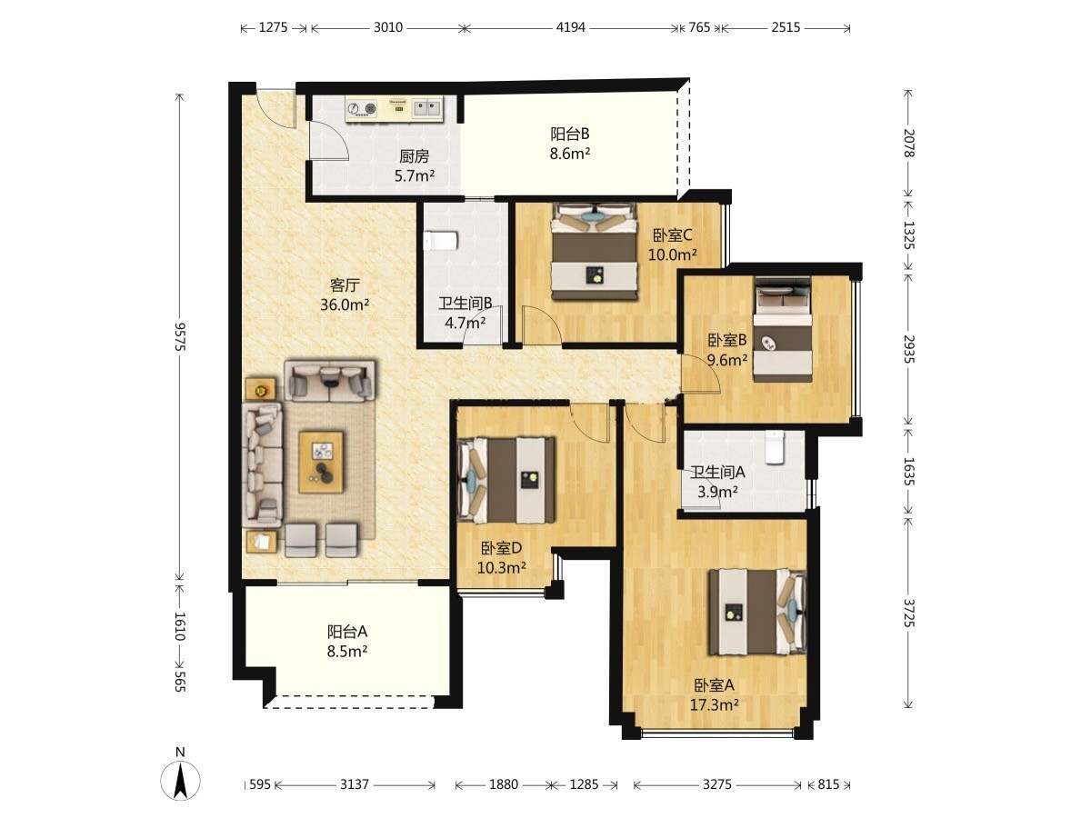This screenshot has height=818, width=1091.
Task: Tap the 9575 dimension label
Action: pyautogui.click(x=179, y=336)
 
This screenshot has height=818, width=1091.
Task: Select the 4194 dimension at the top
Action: pyautogui.click(x=570, y=27)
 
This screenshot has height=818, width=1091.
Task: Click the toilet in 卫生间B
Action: pyautogui.click(x=440, y=241)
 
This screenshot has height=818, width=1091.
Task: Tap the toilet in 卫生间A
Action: pyautogui.click(x=774, y=447)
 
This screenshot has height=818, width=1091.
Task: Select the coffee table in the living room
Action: pyautogui.click(x=321, y=462)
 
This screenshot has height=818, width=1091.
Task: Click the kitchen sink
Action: pyautogui.click(x=427, y=108)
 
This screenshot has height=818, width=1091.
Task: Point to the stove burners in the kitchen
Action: pyautogui.click(x=362, y=108)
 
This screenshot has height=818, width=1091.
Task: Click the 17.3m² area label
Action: pyautogui.click(x=714, y=704)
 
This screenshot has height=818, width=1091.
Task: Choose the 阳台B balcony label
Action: pyautogui.click(x=570, y=135)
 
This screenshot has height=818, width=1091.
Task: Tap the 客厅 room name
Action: pyautogui.click(x=345, y=285)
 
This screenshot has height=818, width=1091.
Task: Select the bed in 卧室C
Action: pyautogui.click(x=594, y=252)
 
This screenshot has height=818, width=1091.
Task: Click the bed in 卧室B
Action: pyautogui.click(x=783, y=329)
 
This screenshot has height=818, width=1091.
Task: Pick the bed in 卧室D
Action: pyautogui.click(x=506, y=480)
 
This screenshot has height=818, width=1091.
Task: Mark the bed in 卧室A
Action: pyautogui.click(x=757, y=612)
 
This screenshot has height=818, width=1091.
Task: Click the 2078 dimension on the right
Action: pyautogui.click(x=908, y=143)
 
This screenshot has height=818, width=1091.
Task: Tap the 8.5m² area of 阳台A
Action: pyautogui.click(x=347, y=651)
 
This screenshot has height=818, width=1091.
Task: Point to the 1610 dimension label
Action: pyautogui.click(x=179, y=626)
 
